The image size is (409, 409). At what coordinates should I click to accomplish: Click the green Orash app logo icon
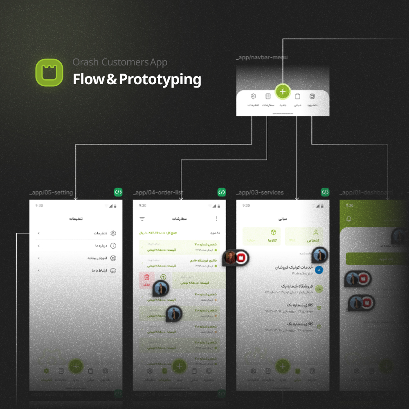click(x=49, y=72)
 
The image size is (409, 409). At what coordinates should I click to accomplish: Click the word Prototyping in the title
click(x=160, y=79)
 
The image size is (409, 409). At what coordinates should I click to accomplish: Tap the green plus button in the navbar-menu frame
click(x=283, y=92)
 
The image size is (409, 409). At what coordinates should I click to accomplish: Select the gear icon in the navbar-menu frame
click(x=253, y=97)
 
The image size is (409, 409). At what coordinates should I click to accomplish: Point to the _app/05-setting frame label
click(x=51, y=193)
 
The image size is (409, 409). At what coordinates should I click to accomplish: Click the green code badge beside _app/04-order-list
click(x=221, y=192)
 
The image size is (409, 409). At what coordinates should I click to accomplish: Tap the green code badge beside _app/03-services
click(x=325, y=192)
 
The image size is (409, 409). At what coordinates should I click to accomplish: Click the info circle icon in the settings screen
click(x=113, y=246)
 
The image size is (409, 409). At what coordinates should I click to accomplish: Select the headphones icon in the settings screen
click(x=113, y=270)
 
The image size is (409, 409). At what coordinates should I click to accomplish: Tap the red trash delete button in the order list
click(x=146, y=279)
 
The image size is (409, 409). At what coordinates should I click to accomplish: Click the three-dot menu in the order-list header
click(x=217, y=219)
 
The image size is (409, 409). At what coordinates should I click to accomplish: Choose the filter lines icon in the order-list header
click(x=142, y=219)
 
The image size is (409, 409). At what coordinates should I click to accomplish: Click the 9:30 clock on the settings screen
click(x=39, y=205)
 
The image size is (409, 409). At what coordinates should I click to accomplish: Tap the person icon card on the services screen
click(x=304, y=236)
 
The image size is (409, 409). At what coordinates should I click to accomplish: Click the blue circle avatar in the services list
click(x=319, y=270)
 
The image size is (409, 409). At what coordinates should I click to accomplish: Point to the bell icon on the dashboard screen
click(x=349, y=219)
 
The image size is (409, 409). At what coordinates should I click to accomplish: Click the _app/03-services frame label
click(x=260, y=193)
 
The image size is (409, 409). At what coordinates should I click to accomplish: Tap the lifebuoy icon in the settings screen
click(x=113, y=258)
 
